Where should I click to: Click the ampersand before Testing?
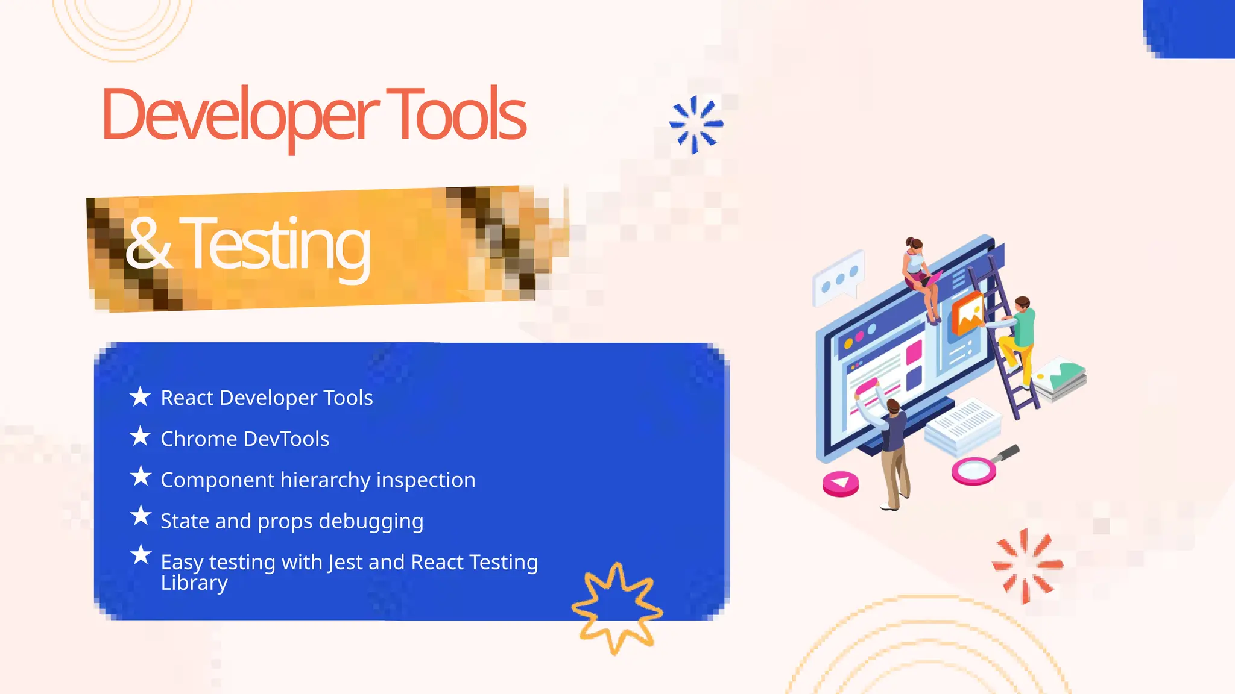tap(148, 244)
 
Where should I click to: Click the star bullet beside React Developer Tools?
tap(141, 396)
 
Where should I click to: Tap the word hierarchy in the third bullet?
tap(326, 480)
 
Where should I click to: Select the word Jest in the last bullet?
tap(346, 562)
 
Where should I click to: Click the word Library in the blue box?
tap(194, 583)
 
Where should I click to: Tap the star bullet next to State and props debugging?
tap(141, 516)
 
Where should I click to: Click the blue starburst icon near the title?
tap(696, 124)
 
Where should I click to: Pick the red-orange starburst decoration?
tap(1027, 565)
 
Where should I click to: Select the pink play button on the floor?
tap(841, 483)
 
